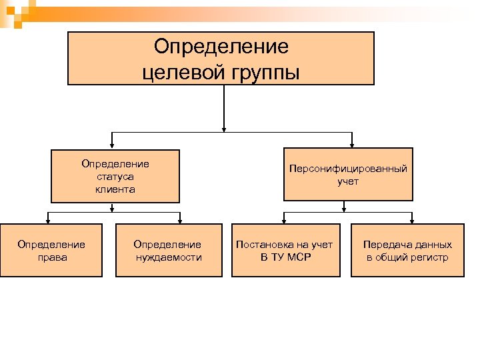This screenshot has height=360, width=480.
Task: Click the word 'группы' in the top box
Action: coord(265,71)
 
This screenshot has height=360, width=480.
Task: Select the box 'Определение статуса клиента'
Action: coord(115,175)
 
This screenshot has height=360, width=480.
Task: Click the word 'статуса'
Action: coord(115,177)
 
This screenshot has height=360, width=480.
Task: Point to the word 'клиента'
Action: coord(115,189)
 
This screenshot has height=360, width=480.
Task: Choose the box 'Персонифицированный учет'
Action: coord(348,175)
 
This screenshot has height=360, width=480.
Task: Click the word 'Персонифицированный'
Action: coord(348,169)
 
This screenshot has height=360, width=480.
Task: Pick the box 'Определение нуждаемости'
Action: coord(168,250)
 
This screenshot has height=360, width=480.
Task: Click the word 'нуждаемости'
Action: coord(168,257)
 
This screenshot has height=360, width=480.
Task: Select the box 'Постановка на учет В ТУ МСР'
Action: coord(285,250)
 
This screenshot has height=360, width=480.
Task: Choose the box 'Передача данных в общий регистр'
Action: coord(407,250)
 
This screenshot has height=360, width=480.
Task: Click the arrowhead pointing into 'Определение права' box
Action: coord(48,219)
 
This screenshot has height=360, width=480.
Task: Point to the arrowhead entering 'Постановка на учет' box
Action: coord(285,219)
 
